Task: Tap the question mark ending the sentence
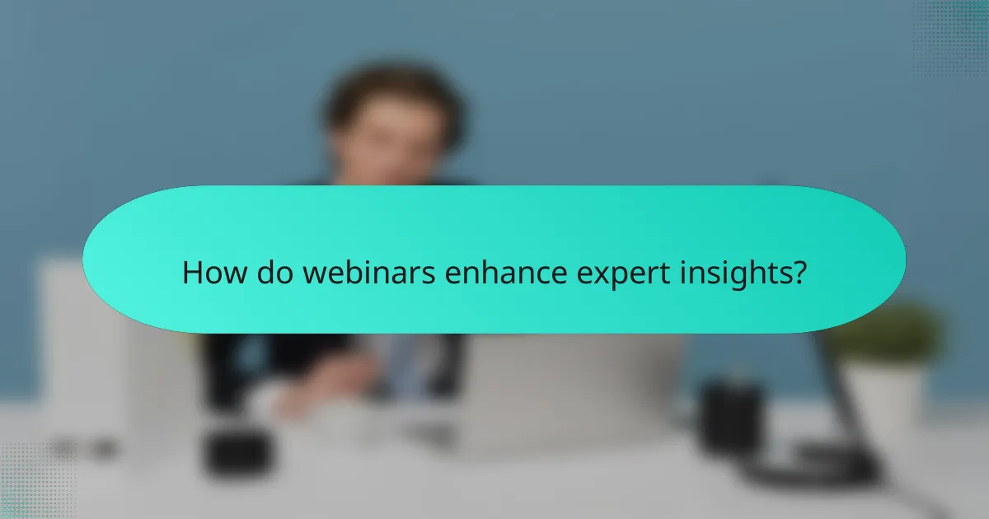click(798, 273)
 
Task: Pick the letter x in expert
click(588, 276)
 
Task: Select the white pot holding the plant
click(882, 395)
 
